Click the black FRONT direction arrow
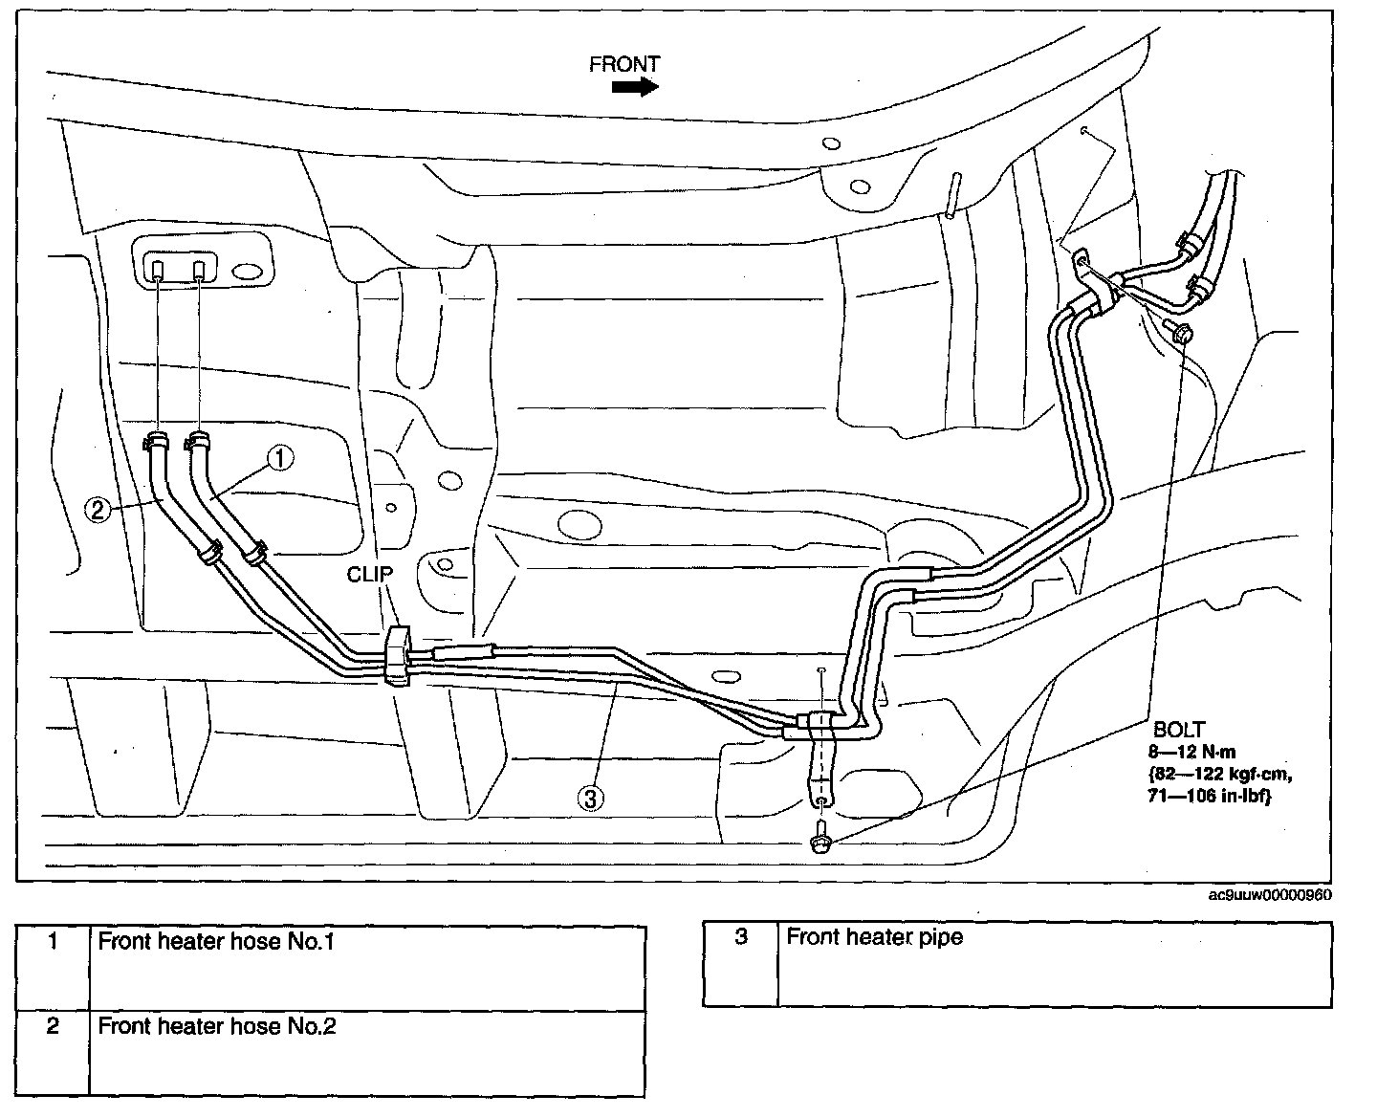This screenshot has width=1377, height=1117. (635, 87)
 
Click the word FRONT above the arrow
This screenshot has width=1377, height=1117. (624, 64)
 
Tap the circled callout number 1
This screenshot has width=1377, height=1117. (279, 459)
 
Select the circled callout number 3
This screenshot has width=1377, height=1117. (590, 798)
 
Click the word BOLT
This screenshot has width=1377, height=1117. (1178, 730)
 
